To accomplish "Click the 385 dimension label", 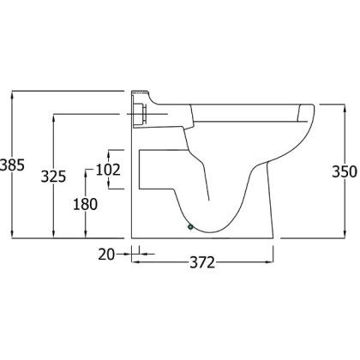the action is click(12, 165).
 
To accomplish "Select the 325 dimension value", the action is click(53, 177).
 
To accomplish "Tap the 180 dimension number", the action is click(86, 204).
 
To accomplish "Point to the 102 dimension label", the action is click(108, 170).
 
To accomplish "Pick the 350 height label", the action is click(345, 171).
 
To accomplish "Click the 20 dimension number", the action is click(106, 255).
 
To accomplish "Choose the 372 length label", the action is click(202, 262).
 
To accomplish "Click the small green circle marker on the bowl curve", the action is click(190, 227).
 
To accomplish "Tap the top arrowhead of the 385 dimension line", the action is click(12, 95).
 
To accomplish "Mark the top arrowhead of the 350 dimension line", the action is click(345, 109).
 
